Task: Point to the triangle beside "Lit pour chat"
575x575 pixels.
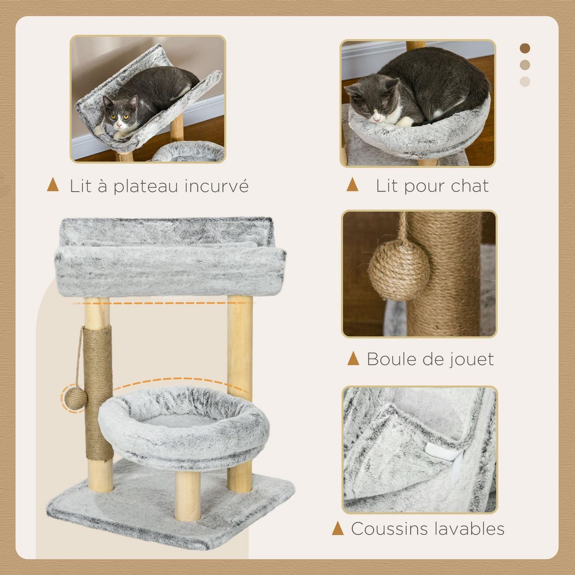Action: (353, 185)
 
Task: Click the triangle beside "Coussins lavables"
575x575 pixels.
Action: (338, 529)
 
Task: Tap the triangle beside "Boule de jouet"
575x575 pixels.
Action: (353, 358)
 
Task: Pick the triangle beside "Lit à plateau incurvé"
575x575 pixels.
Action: (53, 185)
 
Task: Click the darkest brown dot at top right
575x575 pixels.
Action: (525, 48)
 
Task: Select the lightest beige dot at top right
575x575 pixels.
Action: (525, 81)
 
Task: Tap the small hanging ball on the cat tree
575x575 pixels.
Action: (75, 397)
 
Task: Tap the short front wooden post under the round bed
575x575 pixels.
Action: (187, 496)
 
